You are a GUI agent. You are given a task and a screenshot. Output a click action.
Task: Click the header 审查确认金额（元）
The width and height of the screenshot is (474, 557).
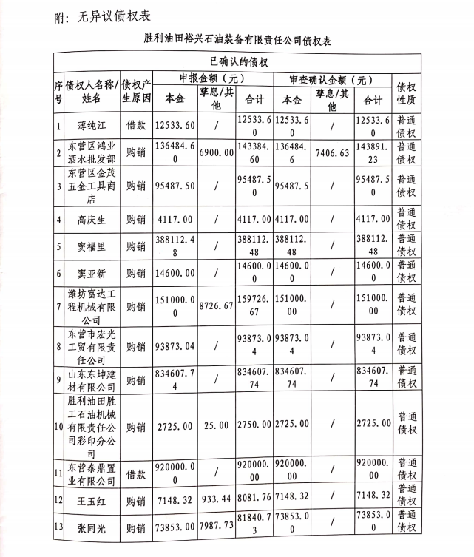(327, 79)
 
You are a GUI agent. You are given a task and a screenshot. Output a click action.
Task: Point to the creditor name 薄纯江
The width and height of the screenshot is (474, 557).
(92, 125)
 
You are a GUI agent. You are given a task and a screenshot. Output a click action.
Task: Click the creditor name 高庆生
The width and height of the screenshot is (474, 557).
(92, 219)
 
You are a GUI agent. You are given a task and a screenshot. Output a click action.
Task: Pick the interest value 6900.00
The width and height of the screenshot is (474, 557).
(217, 152)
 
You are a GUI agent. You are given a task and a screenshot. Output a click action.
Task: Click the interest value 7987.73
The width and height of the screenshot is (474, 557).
(217, 526)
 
